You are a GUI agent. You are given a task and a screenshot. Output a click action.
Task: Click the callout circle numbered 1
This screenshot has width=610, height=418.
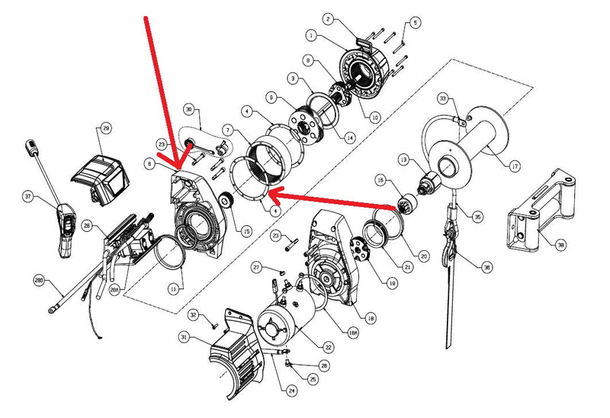point(312,35)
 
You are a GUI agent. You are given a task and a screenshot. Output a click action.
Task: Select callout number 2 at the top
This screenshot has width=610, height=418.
point(327,18)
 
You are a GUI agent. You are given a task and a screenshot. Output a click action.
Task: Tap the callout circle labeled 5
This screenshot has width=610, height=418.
point(416,22)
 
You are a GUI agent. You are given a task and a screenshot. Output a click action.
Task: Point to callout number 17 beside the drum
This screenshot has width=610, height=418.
point(515,165)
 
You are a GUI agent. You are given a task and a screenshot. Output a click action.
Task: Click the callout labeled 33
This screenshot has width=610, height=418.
point(442,98)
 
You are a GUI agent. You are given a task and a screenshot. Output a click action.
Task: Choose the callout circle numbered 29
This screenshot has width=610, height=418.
point(106,127)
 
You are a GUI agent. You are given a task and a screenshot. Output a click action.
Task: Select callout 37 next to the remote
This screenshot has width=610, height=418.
point(28,197)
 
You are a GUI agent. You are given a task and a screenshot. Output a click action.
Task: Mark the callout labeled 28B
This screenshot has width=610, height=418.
point(39,281)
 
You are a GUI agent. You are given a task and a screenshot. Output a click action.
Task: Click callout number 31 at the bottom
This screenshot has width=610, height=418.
point(183,337)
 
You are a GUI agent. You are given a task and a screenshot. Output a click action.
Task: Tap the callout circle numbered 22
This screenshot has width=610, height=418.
point(328,347)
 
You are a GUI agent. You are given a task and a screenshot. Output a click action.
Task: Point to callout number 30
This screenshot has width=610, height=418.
point(190,109)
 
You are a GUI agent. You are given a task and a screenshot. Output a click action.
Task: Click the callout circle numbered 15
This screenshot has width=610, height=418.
point(246,231)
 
